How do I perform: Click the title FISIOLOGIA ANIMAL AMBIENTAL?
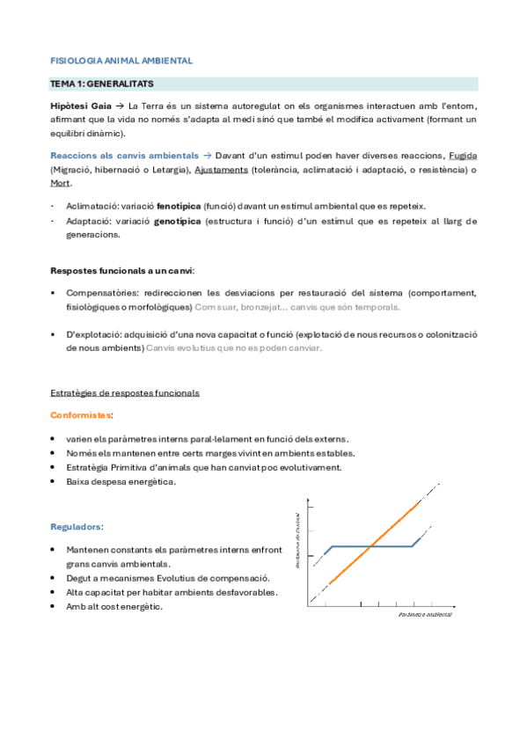(x=121, y=61)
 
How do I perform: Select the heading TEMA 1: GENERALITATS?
(x=103, y=84)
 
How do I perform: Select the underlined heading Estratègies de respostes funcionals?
(x=125, y=392)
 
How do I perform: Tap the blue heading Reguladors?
(x=77, y=527)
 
